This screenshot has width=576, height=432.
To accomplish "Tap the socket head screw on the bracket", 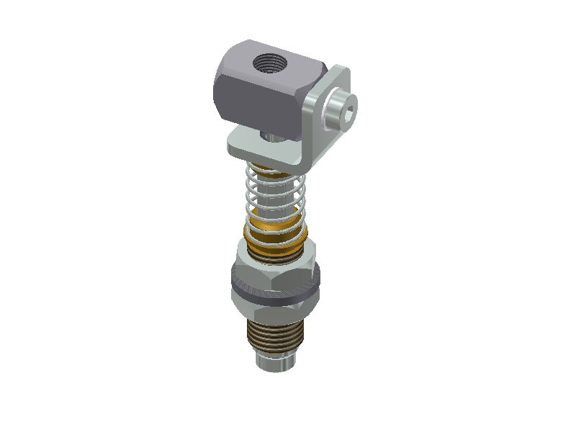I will [x=339, y=111].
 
